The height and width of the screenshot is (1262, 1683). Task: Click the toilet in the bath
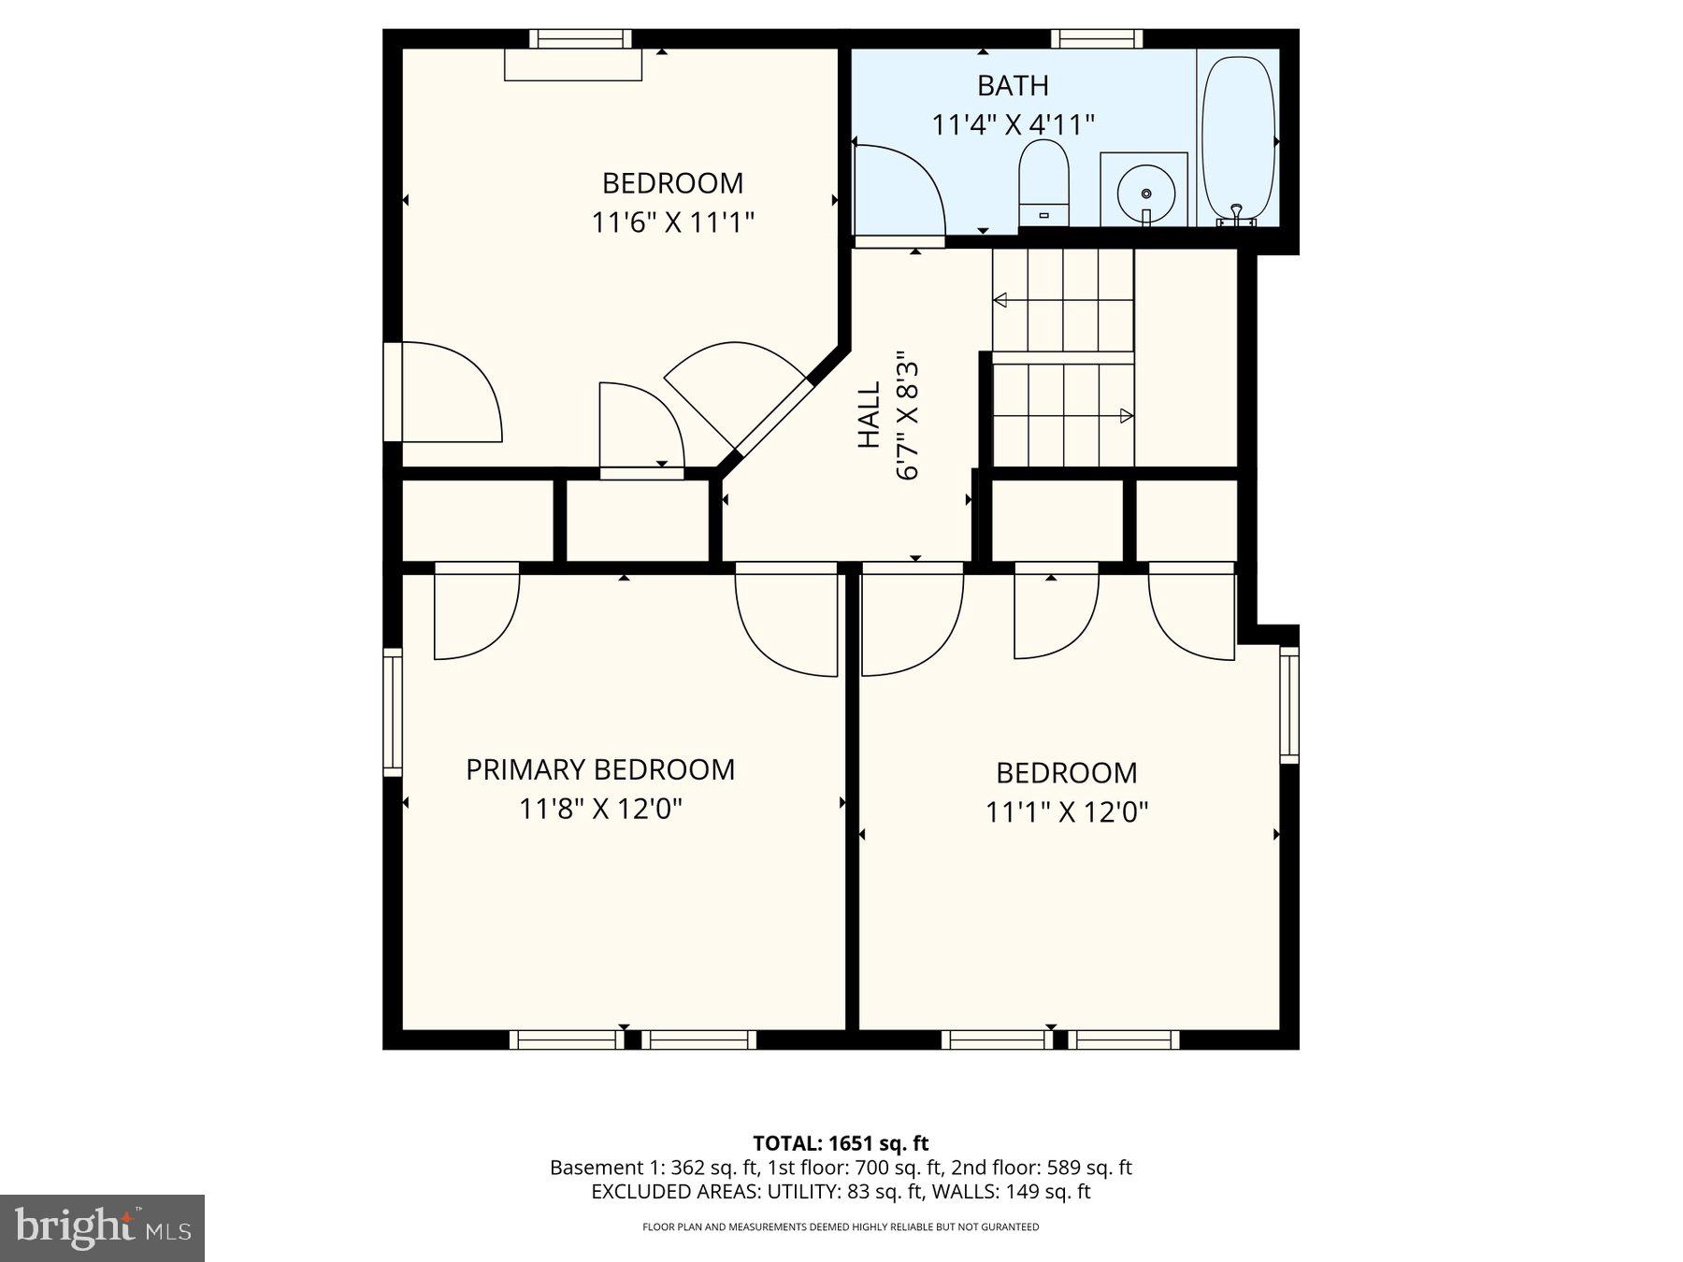point(1043,181)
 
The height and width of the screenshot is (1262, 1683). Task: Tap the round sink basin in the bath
point(1144,191)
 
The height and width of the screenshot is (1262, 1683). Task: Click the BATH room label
point(1013,86)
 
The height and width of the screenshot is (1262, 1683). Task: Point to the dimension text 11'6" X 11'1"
point(672,222)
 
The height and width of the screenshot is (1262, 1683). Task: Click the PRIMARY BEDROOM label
point(600,769)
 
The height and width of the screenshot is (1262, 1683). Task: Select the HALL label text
point(870,414)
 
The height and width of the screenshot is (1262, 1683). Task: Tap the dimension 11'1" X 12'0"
point(1066,811)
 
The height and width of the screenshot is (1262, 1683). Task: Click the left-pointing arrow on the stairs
point(1000,300)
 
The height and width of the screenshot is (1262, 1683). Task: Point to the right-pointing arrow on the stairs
point(1127,416)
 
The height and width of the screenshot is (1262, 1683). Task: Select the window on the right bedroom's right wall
point(1289,705)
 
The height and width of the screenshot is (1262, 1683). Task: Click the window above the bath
point(1097,39)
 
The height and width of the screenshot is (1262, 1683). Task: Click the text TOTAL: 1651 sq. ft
point(841,1142)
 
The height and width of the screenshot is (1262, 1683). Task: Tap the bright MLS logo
point(102,1227)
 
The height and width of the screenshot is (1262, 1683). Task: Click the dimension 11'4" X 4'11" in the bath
point(1013,124)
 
